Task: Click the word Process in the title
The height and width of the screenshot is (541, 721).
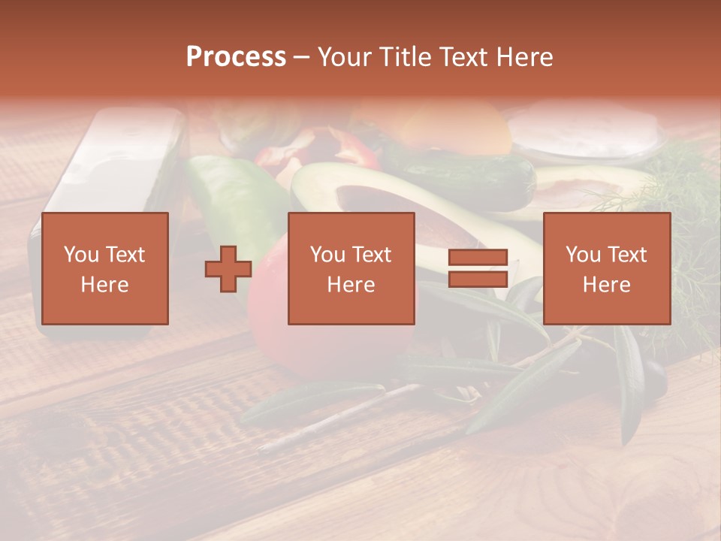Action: point(236,57)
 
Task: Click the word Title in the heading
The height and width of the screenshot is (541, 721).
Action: point(407,57)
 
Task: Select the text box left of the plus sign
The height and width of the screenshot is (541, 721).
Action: point(104,268)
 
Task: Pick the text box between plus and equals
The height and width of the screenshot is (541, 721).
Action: point(351,268)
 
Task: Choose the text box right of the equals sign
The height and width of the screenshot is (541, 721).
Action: point(606,268)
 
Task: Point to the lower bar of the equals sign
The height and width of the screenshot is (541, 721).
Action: point(478,280)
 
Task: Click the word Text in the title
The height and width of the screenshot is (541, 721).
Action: point(463,57)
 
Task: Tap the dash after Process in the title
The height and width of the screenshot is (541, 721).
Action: point(301,57)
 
